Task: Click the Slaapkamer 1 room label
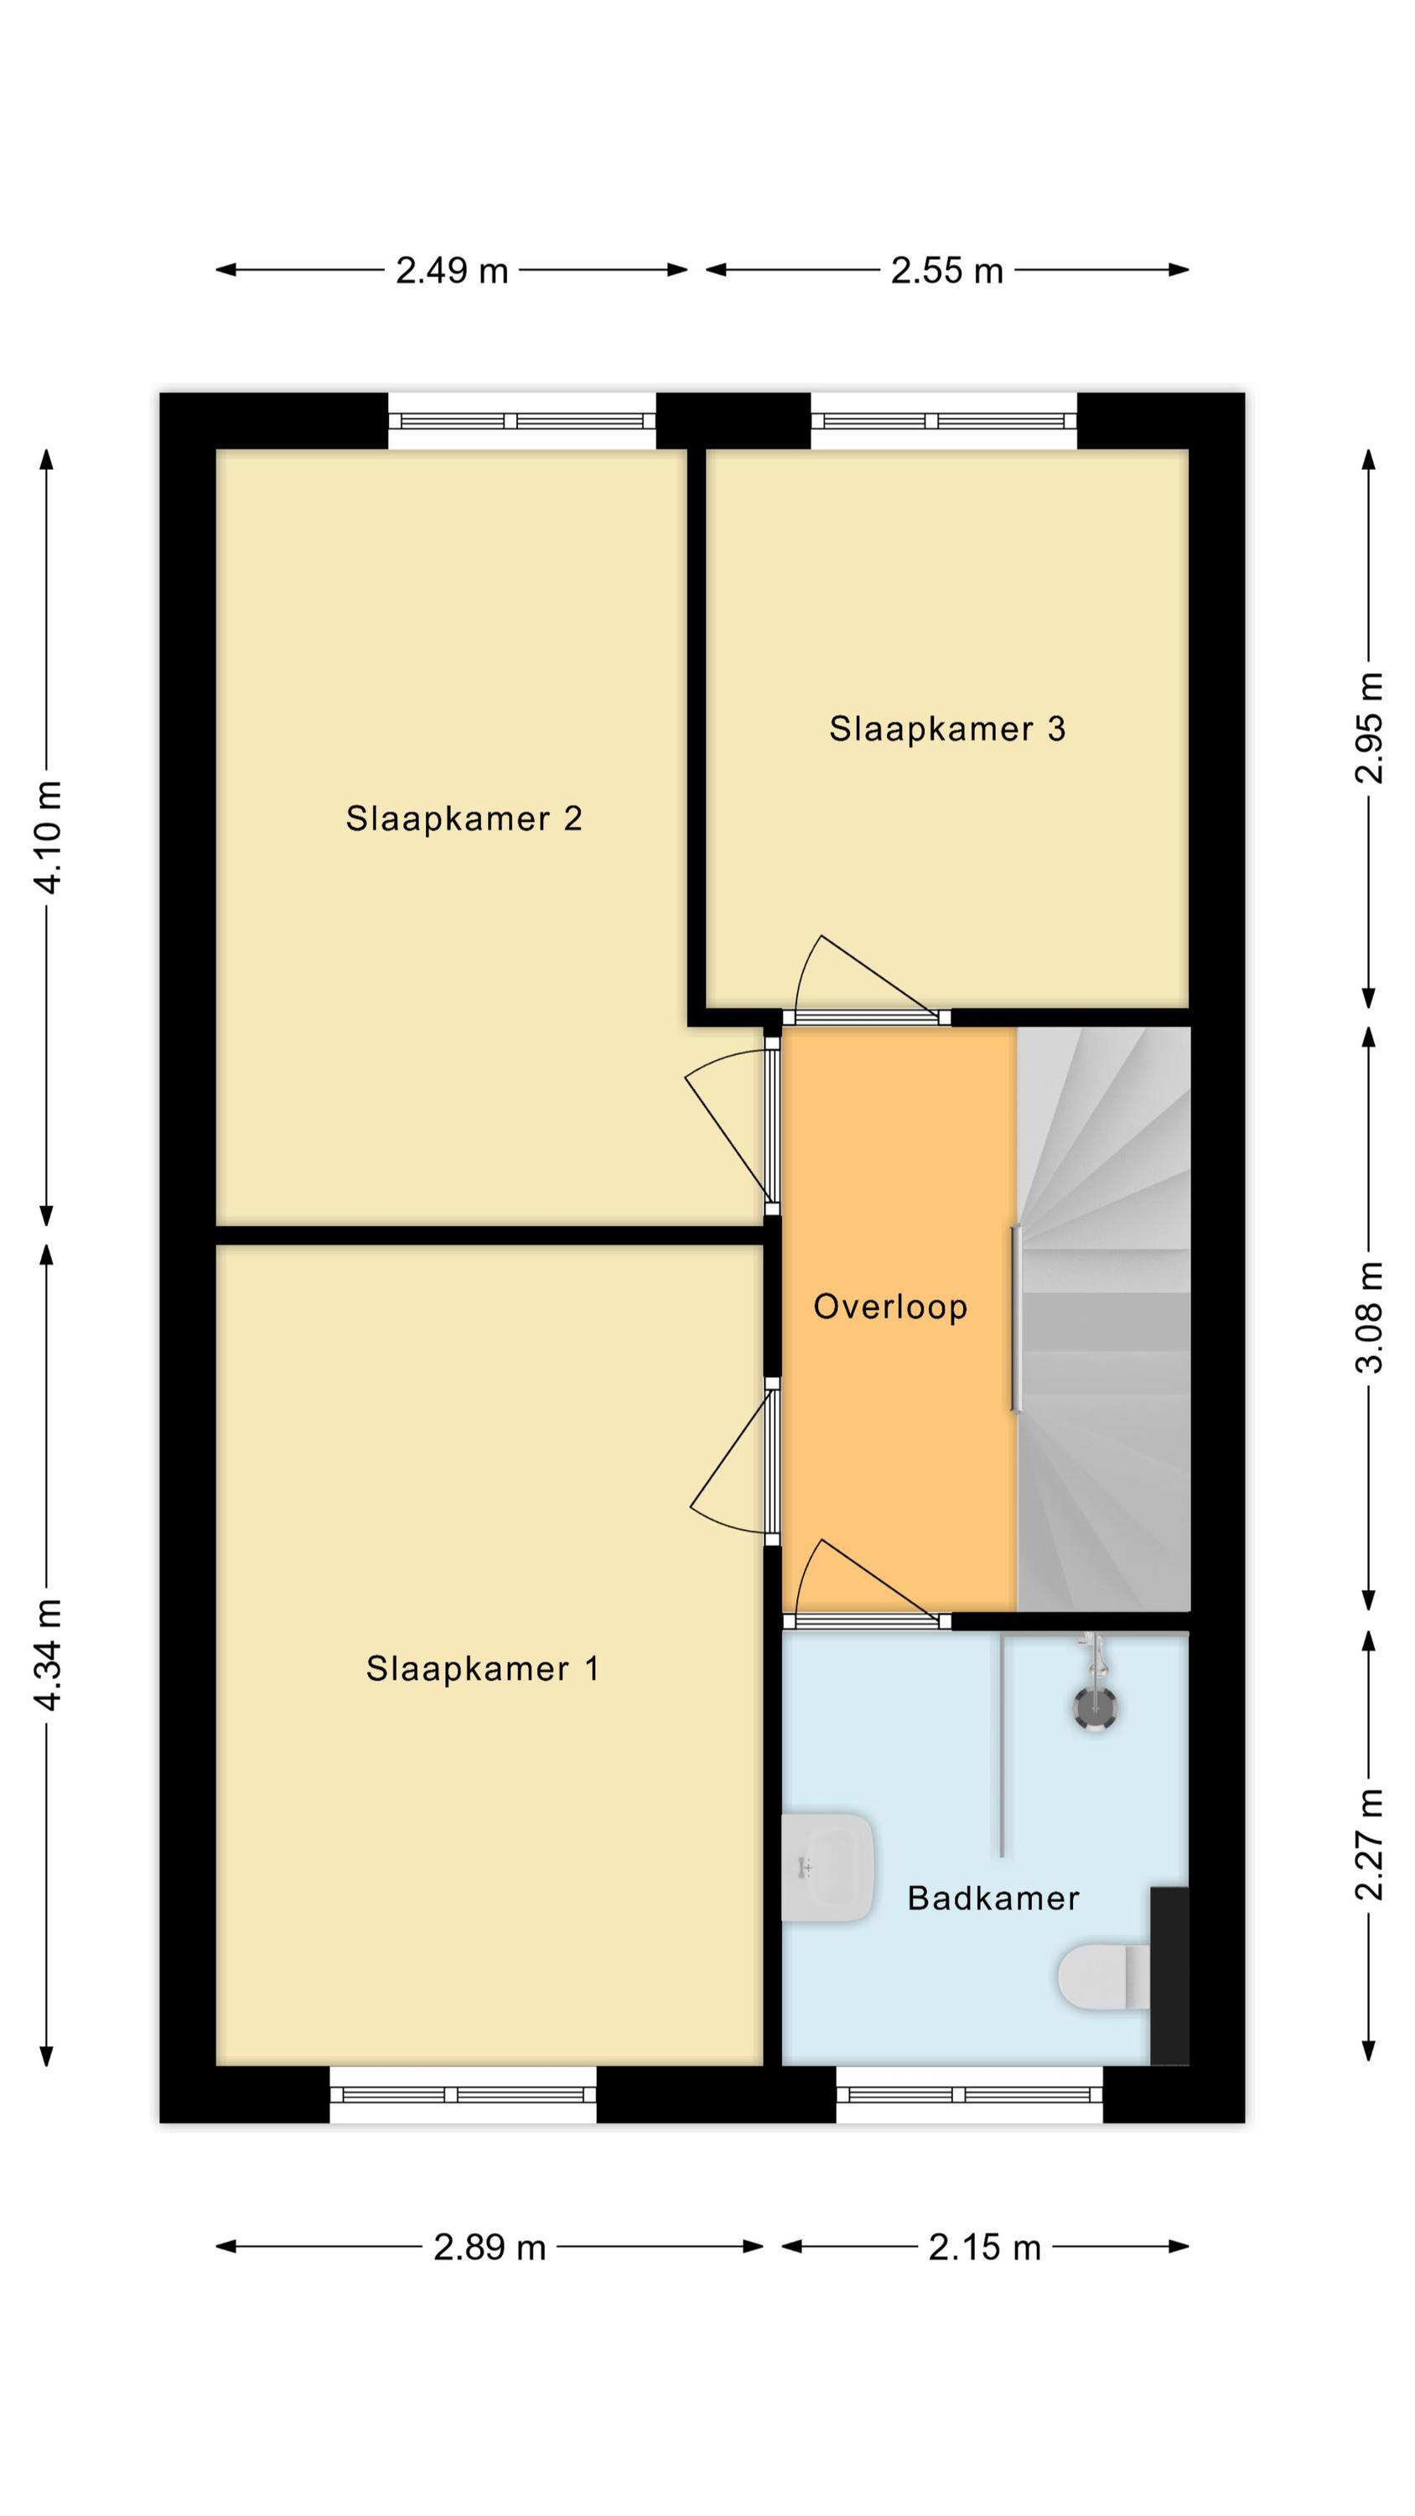tap(482, 1668)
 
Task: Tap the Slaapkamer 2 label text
tap(464, 819)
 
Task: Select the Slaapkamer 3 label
tap(947, 729)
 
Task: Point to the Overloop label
tap(890, 1306)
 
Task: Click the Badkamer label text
tap(993, 1898)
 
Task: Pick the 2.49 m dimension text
tap(452, 271)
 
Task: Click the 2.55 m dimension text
tap(947, 271)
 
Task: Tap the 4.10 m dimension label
tap(48, 837)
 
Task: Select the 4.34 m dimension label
tap(48, 1656)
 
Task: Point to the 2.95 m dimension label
tap(1369, 728)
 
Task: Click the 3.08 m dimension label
tap(1369, 1318)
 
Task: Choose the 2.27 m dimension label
tap(1369, 1844)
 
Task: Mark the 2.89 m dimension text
tap(490, 2248)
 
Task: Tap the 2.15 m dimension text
tap(984, 2248)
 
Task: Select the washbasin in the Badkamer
tap(827, 1868)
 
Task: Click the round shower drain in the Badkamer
tap(1095, 1708)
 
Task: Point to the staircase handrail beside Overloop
tap(1016, 1318)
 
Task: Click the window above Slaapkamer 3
tap(944, 421)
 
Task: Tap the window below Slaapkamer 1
tap(463, 2094)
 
